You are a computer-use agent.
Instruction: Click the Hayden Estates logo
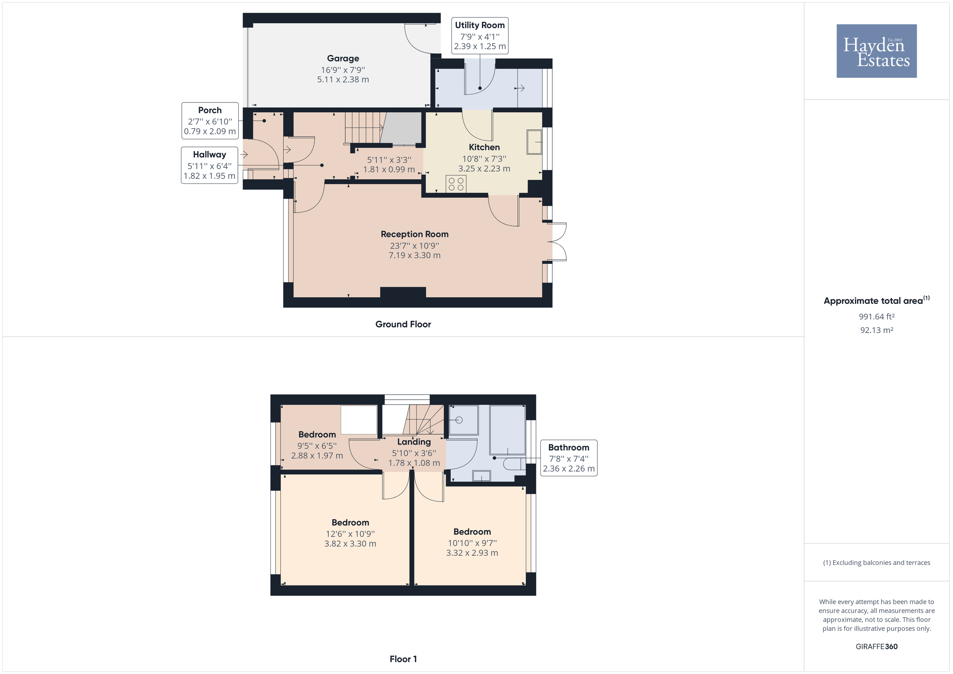876,51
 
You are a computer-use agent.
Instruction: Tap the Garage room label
343,58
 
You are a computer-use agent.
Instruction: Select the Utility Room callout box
480,36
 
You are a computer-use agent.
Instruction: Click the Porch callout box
210,121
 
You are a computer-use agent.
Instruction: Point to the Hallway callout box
210,165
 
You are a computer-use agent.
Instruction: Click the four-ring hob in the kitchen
456,184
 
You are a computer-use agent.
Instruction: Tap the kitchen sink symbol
534,142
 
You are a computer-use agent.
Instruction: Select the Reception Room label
414,234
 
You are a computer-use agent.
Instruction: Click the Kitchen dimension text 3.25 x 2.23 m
484,168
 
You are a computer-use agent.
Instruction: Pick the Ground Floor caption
403,324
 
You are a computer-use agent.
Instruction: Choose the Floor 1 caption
403,659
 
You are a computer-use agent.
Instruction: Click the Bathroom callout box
569,458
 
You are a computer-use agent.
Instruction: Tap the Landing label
414,441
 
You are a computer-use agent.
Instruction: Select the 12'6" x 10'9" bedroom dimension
350,534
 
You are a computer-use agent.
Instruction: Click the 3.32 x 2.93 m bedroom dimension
472,553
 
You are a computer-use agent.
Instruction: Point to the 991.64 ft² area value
876,316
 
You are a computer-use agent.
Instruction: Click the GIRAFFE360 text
876,646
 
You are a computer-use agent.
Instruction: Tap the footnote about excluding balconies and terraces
876,562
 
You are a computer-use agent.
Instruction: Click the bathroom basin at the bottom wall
482,476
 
